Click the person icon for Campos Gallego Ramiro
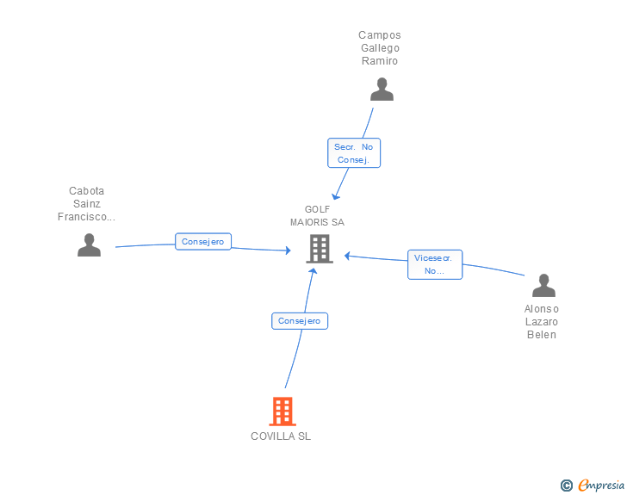381,90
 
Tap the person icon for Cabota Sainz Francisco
89,245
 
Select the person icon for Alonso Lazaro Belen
543,285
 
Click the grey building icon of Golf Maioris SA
319,249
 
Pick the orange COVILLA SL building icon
282,411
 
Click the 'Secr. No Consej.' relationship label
353,153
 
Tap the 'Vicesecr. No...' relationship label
435,264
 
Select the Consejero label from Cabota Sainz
203,242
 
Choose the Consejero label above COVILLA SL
300,321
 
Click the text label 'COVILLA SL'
281,436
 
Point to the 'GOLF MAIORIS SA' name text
317,216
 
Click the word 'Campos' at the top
380,35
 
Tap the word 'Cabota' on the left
86,191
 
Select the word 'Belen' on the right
542,335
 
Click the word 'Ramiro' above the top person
380,61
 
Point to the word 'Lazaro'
542,322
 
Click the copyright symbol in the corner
566,486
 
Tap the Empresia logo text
600,485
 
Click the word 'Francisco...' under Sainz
86,217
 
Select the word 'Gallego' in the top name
380,48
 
